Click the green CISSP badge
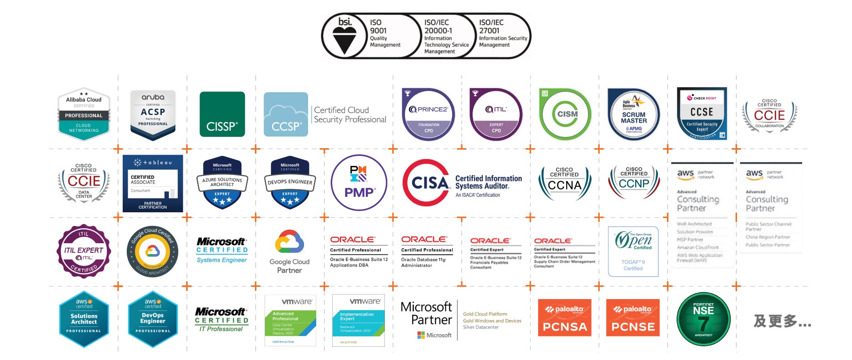pos(222,114)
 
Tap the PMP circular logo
pos(359,183)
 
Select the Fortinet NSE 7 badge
pos(703,319)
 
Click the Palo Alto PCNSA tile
pos(564,318)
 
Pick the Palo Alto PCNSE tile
pos(633,318)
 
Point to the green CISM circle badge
pos(565,114)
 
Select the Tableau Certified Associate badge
pos(153,184)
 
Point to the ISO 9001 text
pos(378,27)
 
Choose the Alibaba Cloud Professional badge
pos(84,114)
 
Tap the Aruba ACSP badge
pos(153,114)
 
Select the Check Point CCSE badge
pos(702,114)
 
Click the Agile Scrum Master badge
pos(633,115)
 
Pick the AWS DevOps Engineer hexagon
pos(153,319)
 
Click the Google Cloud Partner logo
pos(289,251)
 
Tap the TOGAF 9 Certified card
pos(633,251)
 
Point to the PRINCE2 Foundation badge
pos(428,114)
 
